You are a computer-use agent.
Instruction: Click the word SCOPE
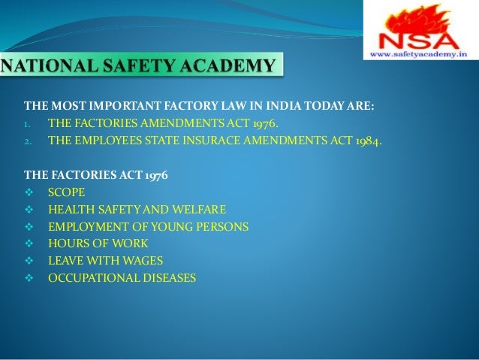coord(67,192)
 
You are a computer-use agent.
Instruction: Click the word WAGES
coord(140,261)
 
